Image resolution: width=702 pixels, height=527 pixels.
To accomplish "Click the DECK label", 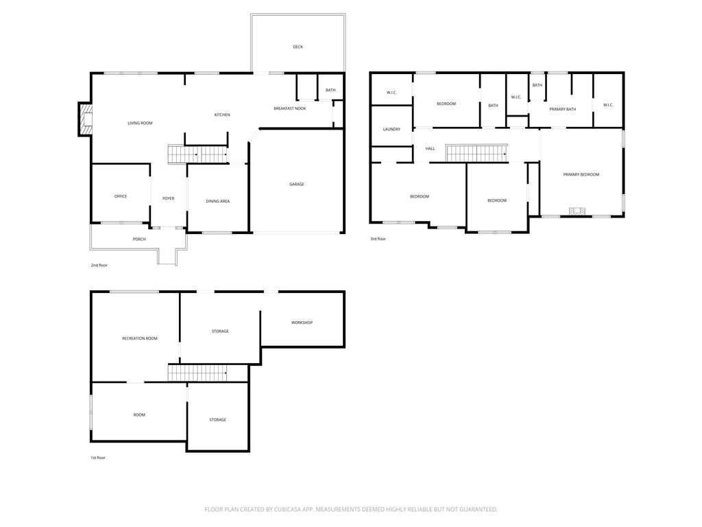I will [298, 47].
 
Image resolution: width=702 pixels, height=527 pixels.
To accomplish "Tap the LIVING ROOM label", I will [140, 123].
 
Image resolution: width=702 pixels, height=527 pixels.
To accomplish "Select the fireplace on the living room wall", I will [85, 119].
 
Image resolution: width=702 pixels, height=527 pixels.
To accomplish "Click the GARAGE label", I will [296, 184].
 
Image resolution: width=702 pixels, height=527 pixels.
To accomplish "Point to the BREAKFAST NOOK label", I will [289, 108].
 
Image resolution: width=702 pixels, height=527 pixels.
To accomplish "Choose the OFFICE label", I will [121, 196].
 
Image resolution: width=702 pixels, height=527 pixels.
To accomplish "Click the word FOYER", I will [168, 198].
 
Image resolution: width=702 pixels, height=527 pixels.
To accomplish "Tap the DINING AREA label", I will [217, 201].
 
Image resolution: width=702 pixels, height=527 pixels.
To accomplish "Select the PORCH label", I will [139, 239].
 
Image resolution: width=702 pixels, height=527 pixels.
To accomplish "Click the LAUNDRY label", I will [391, 129].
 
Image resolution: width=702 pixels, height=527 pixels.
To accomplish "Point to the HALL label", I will [430, 148].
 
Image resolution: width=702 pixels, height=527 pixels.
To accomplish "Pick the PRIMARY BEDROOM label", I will [581, 174].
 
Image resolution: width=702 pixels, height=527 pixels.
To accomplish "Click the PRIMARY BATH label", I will [562, 109].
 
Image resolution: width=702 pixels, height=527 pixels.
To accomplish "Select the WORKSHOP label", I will [302, 323].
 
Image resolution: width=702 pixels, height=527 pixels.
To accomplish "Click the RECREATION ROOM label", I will [139, 338].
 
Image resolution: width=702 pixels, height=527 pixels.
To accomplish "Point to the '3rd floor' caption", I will [378, 239].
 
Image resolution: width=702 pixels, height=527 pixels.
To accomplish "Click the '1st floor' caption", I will [99, 458].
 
